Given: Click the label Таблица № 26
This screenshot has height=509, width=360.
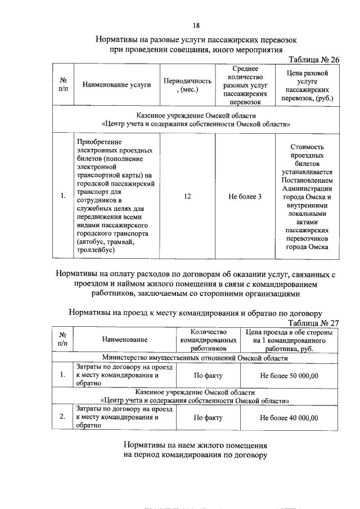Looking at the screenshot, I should (314, 60).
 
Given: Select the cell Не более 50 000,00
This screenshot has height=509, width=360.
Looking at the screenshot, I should (289, 375).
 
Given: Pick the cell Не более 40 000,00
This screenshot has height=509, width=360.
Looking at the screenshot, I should (289, 418).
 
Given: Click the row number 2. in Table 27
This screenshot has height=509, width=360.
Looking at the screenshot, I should (62, 418).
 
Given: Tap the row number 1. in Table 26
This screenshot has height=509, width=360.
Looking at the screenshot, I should (62, 196).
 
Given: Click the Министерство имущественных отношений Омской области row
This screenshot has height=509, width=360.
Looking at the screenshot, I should (195, 358).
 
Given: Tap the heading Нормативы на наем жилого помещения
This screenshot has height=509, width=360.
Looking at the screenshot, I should (195, 444).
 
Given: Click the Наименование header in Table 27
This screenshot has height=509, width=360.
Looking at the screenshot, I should (124, 340).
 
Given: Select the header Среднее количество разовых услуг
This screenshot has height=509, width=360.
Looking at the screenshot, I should (245, 85).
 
